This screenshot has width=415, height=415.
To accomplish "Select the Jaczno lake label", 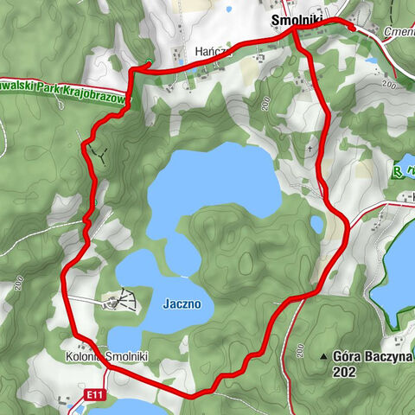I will point(182,304).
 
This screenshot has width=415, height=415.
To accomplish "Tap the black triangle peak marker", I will point(323,355).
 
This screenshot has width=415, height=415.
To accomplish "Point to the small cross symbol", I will point(309,149).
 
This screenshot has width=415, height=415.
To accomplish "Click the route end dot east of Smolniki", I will point(352,28).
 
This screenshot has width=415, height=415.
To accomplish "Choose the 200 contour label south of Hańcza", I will point(265,103).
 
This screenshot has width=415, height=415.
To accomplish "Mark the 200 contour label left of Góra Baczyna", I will point(299,350).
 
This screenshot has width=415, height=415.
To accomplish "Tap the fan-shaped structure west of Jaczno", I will point(121,299).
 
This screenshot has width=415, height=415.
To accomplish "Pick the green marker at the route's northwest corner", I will point(148,62).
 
